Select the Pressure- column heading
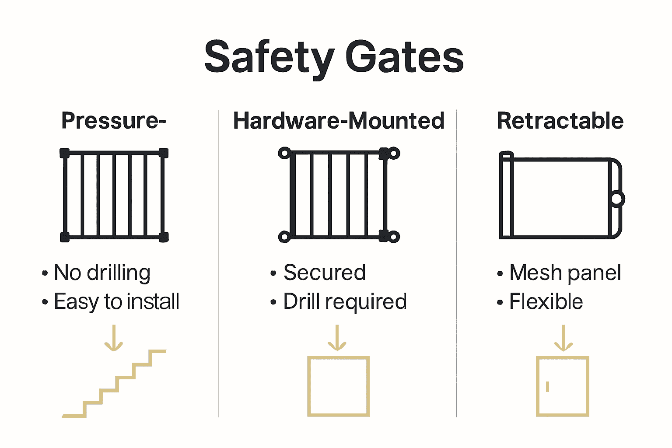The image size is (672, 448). click(x=114, y=121)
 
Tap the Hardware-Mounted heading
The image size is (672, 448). click(x=339, y=121)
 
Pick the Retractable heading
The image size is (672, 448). click(x=560, y=121)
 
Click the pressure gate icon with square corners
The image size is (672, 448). click(x=114, y=195)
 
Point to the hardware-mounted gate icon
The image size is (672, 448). click(x=339, y=195)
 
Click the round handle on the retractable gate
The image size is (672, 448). click(x=616, y=199)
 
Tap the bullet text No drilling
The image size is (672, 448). click(x=102, y=273)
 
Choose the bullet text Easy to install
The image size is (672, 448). click(x=116, y=301)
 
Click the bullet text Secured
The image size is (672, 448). click(x=324, y=273)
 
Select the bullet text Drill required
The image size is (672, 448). click(x=345, y=301)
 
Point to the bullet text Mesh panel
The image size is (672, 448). click(x=565, y=273)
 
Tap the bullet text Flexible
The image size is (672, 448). click(x=546, y=301)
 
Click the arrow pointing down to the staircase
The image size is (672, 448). click(x=114, y=338)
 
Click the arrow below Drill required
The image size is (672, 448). click(x=337, y=338)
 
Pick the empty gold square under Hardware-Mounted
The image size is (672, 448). click(x=338, y=386)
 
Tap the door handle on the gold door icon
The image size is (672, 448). click(x=547, y=386)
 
